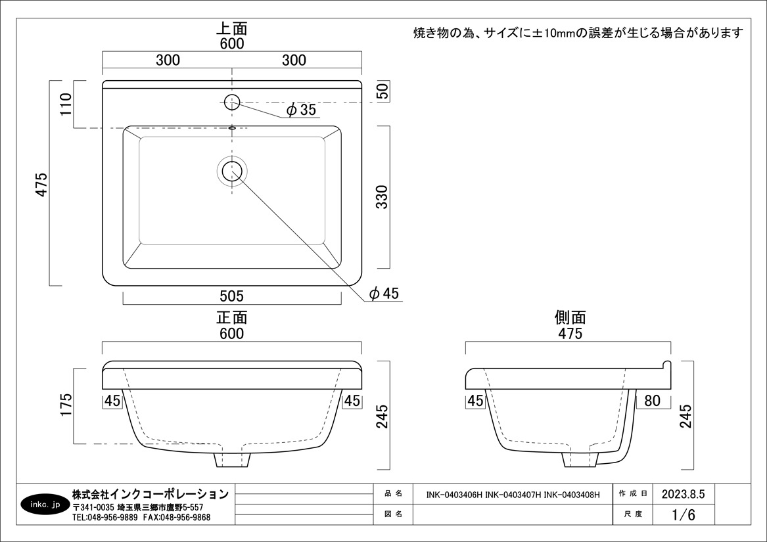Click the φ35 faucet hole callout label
(x=301, y=110)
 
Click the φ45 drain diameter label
(x=384, y=294)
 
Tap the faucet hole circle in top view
(x=232, y=102)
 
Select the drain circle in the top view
(x=232, y=171)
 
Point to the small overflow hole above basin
(x=232, y=127)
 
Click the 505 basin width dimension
(x=232, y=296)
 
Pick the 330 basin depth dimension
(x=382, y=197)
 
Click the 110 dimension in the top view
(x=66, y=104)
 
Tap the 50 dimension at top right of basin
(x=383, y=91)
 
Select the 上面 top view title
(x=232, y=28)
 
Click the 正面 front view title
(x=232, y=317)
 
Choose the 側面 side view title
(x=570, y=317)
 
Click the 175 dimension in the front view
(x=66, y=405)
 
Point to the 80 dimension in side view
(x=653, y=401)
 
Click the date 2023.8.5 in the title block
(x=683, y=494)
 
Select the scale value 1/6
(x=684, y=514)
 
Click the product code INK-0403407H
(x=513, y=495)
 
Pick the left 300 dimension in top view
(x=168, y=60)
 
